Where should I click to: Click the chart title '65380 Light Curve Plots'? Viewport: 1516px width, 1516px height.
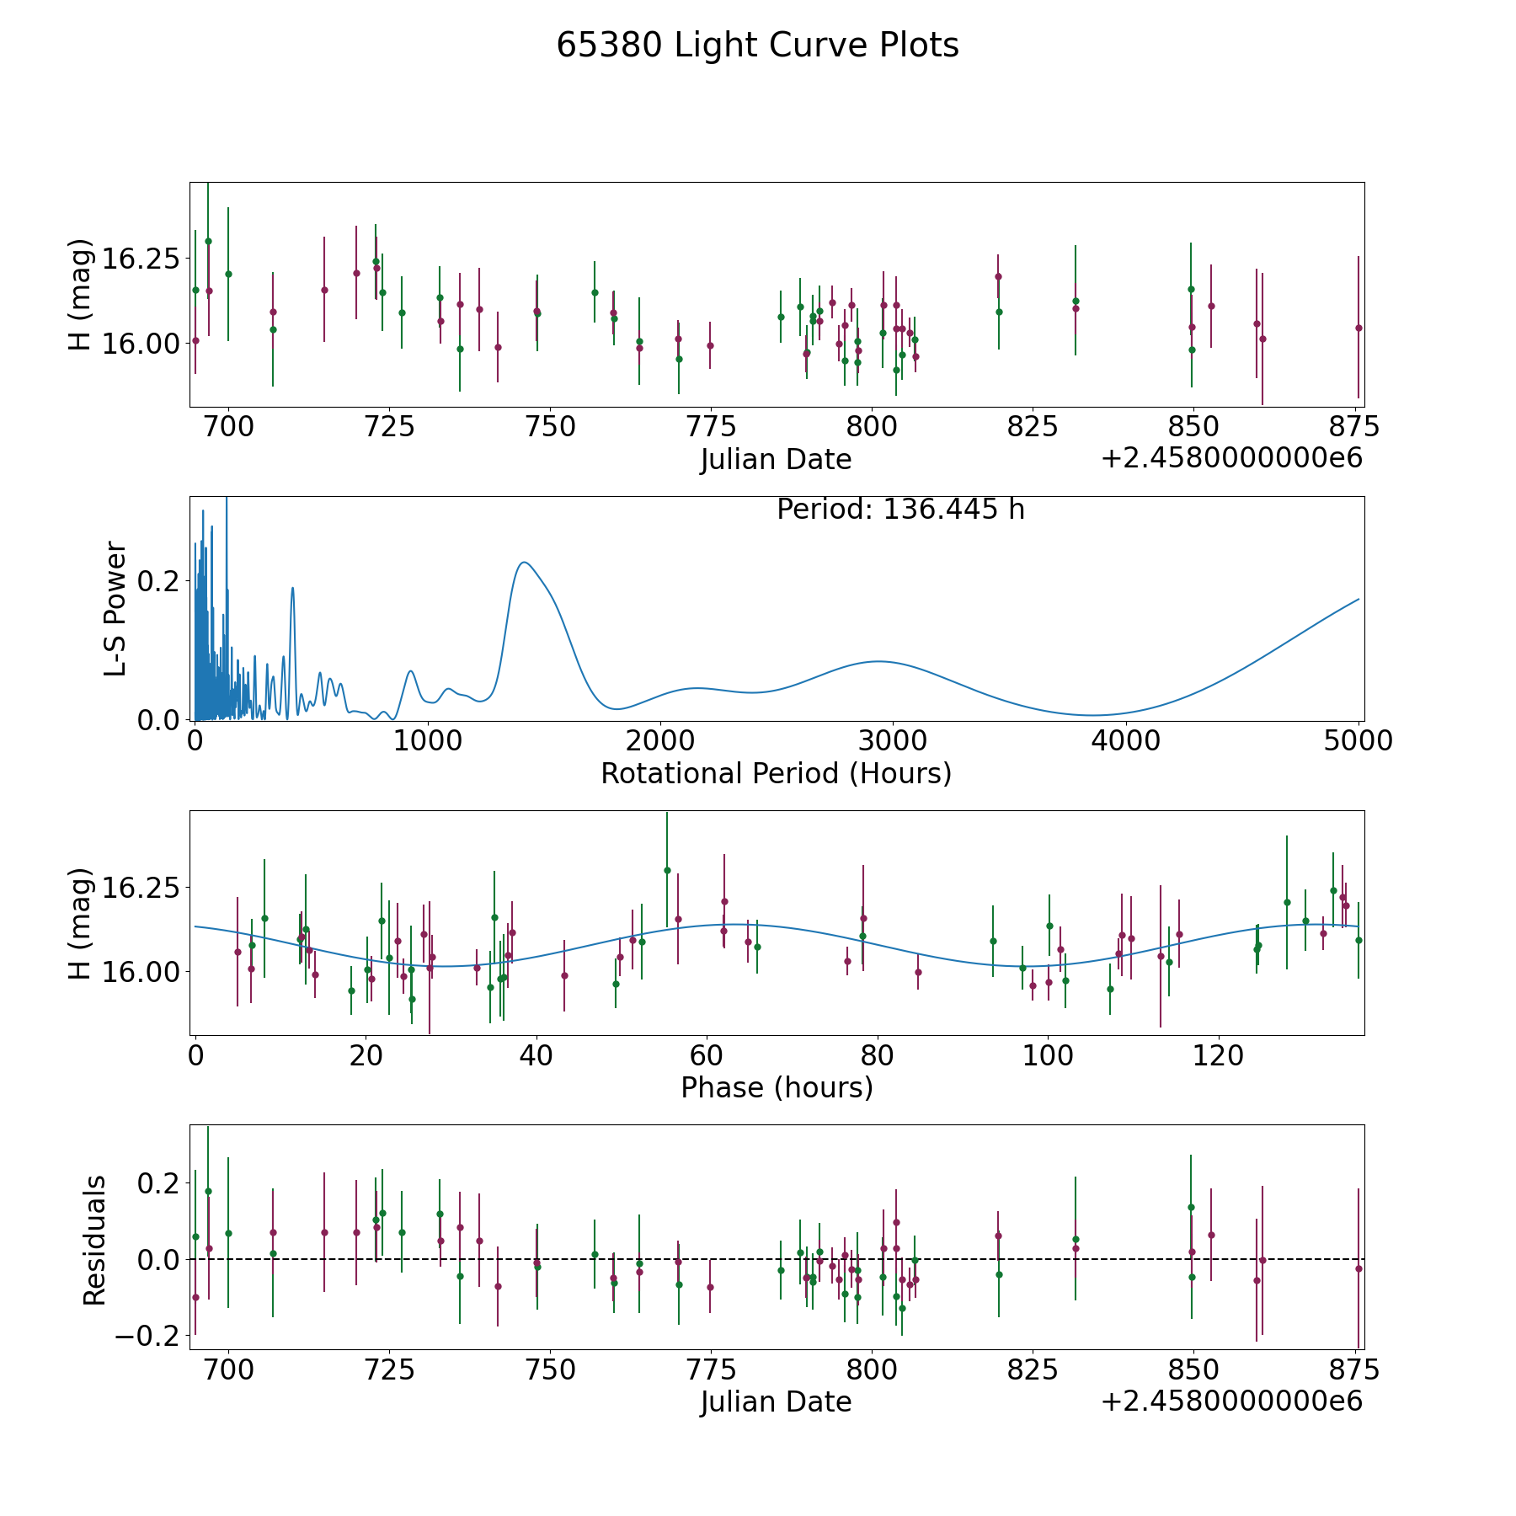[x=757, y=45]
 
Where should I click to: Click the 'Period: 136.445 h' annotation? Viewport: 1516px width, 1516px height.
[x=900, y=510]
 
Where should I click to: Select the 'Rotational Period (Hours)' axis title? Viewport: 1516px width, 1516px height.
[x=776, y=773]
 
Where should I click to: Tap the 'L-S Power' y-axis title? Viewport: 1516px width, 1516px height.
[x=115, y=609]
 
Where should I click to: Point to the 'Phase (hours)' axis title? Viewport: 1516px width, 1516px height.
[x=776, y=1087]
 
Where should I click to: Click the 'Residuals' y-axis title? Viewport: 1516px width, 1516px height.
[x=94, y=1240]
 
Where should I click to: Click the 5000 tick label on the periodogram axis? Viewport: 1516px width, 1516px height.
[x=1358, y=741]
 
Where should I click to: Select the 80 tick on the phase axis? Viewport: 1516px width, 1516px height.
[x=878, y=1055]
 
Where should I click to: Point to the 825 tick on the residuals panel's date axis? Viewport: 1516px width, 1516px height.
[x=1033, y=1370]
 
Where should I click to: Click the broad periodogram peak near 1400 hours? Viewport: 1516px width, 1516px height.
[x=524, y=562]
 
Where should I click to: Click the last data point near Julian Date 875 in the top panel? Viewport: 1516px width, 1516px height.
[x=1358, y=328]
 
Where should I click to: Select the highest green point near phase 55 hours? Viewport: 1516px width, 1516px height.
[x=667, y=870]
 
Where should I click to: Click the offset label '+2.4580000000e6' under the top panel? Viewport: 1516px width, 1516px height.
[x=1231, y=459]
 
